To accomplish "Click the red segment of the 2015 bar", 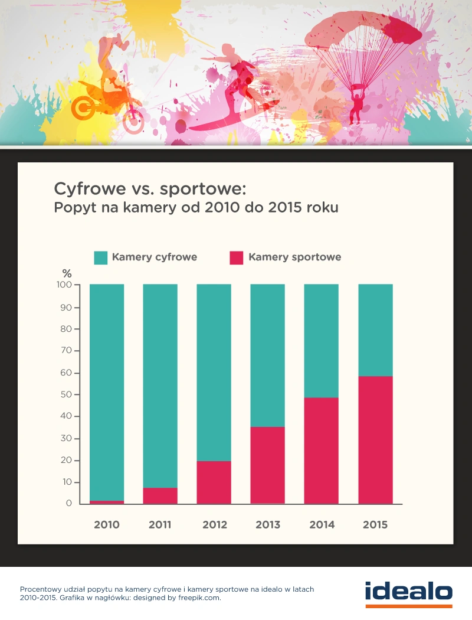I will (375, 440).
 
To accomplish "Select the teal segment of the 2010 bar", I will (107, 393).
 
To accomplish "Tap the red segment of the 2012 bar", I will (214, 482).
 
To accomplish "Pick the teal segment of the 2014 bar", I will (322, 341).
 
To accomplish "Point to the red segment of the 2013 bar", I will (268, 465).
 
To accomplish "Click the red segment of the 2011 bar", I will (160, 495).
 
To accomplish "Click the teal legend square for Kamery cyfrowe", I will (101, 257).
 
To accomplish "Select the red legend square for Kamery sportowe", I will (236, 257).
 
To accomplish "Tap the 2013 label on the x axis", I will (268, 524).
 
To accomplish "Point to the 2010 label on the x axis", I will (107, 524).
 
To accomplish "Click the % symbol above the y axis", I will (67, 273).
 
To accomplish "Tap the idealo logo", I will (408, 592).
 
